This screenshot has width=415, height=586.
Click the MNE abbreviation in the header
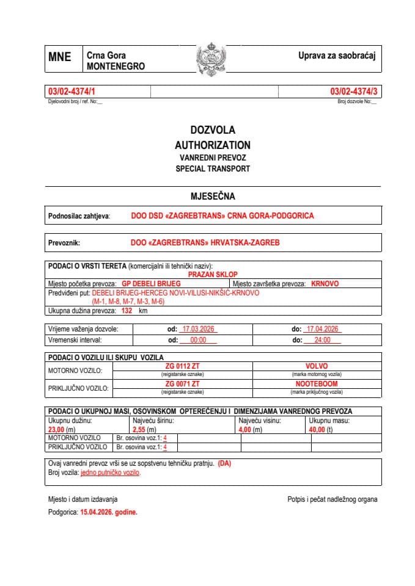pos(60,57)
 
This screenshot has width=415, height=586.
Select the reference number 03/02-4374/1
pos(72,91)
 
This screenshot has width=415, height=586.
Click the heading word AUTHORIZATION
pos(212,145)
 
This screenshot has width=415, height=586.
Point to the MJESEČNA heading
pos(213,196)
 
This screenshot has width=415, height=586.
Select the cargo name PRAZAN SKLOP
pos(213,275)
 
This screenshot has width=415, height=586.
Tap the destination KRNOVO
pos(325,284)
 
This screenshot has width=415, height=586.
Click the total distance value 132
pos(127,310)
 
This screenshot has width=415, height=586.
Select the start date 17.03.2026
pos(199,329)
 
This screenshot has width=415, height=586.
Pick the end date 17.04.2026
pos(323,329)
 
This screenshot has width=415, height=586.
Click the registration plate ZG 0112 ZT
pos(182,366)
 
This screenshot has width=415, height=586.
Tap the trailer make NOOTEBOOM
pos(317,384)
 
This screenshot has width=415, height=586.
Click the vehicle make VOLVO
pos(317,366)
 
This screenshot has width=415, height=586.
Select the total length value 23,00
pos(59,429)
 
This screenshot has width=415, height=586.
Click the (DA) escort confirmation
pos(224,463)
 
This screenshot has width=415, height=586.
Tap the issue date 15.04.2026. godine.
pos(109,513)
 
